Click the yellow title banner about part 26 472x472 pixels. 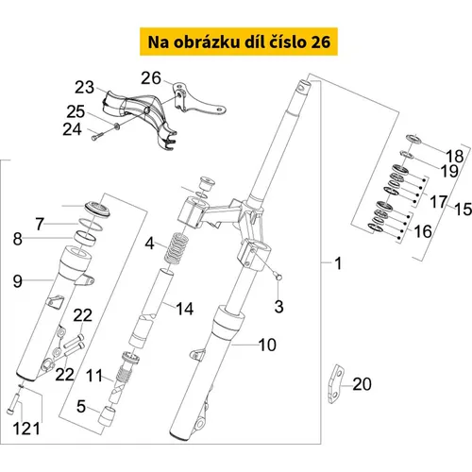pos(239,42)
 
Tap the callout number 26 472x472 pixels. pos(151,78)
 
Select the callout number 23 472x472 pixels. pos(84,87)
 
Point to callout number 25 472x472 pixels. pos(76,111)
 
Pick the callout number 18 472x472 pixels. pos(455,156)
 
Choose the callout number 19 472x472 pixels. pos(449,171)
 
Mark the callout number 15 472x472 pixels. pos(464,209)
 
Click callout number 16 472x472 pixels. pos(423,231)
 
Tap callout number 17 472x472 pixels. pos(439,202)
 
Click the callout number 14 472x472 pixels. pos(185,309)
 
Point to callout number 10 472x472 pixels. pos(267,345)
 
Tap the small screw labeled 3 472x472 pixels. pos(278,277)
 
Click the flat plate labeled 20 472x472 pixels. pos(336,384)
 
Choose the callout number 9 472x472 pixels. pos(18,281)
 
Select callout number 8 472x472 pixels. pos(18,239)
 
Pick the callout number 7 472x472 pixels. pos(40,224)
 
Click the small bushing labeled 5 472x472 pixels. pos(106,415)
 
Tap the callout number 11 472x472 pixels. pos(94,376)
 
